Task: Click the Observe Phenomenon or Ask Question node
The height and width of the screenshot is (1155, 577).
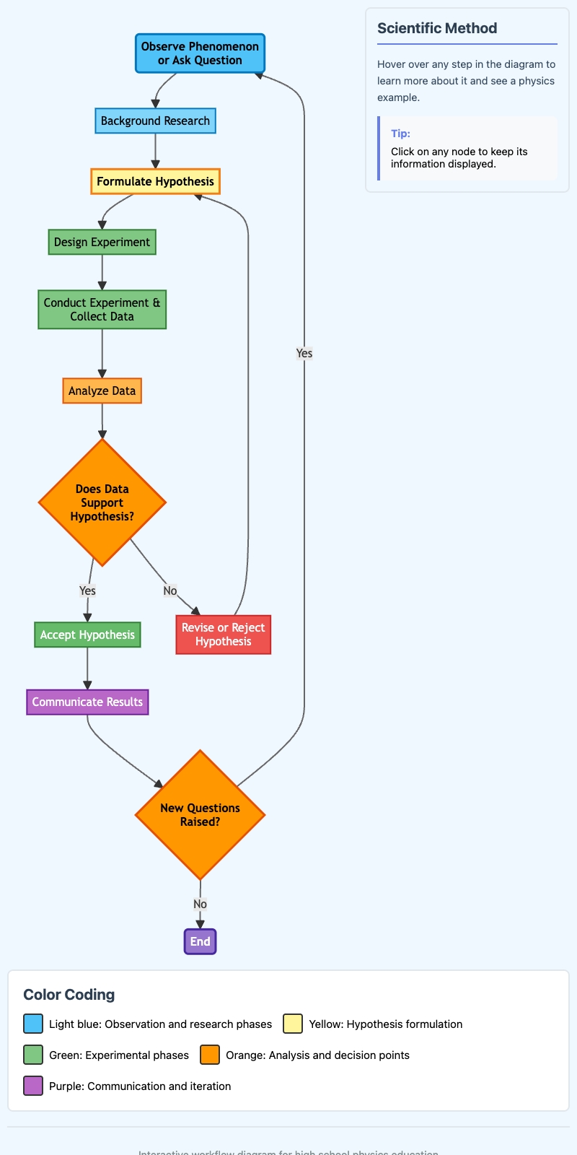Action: tap(200, 53)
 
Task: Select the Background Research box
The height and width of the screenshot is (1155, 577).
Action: tap(155, 121)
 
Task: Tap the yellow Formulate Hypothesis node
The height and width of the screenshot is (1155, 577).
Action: tap(155, 181)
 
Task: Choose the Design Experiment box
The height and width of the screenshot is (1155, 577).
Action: tap(102, 242)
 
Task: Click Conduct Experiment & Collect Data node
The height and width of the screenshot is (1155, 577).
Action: tap(102, 309)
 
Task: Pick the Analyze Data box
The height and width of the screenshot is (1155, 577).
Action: tap(102, 391)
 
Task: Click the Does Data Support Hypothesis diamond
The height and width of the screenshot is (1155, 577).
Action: tap(102, 502)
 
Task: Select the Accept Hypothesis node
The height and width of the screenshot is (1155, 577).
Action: tap(87, 635)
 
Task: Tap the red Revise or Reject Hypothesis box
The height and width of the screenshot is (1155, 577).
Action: tap(223, 635)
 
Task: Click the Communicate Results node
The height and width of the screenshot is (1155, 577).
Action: tap(87, 702)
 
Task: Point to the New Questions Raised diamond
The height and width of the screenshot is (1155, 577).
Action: tap(200, 814)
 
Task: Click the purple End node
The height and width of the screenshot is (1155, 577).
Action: tap(200, 941)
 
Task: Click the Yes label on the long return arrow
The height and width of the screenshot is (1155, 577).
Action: tap(304, 353)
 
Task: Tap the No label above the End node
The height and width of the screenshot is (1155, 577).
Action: tap(200, 904)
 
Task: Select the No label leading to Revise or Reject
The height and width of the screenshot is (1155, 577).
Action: tap(169, 590)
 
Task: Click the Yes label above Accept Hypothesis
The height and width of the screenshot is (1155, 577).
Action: tap(87, 590)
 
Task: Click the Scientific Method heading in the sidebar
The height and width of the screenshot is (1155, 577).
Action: tap(437, 28)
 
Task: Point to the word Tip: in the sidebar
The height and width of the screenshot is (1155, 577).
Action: tap(400, 134)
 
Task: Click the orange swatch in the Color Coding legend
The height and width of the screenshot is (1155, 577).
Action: tap(210, 1055)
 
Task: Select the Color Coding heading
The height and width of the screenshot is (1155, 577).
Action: tap(69, 994)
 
